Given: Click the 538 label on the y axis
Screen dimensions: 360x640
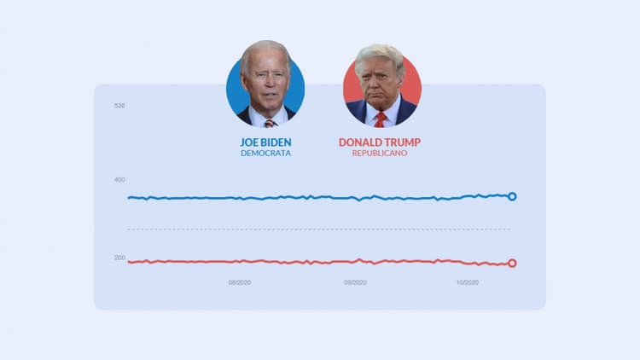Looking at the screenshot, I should (119, 106).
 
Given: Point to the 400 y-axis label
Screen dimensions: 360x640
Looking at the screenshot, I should (119, 180).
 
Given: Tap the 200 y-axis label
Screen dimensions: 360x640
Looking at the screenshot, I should (119, 258).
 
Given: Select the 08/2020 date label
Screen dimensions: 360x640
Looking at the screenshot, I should (240, 282).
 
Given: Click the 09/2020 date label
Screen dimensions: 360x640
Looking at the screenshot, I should (355, 282).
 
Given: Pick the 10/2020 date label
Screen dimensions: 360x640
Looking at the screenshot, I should (468, 282).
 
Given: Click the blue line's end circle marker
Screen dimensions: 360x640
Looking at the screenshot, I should (512, 196).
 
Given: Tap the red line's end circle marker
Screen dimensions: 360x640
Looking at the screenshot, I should (512, 263).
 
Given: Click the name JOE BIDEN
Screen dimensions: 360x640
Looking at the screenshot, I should (265, 142).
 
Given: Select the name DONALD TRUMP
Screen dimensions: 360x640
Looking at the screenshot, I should (380, 142).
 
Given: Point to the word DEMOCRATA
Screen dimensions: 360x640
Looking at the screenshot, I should (265, 154).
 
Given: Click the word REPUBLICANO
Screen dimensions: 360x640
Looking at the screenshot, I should (380, 154).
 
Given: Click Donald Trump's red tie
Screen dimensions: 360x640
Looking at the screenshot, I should (381, 119).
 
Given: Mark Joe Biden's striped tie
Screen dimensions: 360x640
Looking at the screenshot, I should (270, 122).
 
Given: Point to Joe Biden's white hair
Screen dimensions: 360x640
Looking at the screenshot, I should (265, 51).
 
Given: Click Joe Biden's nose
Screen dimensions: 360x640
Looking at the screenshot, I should (267, 84).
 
